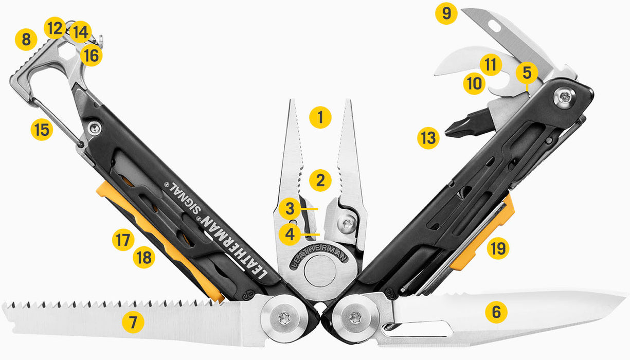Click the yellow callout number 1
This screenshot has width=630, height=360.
coord(320,118)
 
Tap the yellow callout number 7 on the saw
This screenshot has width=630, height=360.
coord(133,322)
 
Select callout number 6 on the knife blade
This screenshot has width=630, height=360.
coord(496,312)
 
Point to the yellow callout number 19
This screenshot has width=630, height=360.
coord(497,249)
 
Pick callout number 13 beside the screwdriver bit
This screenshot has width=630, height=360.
coord(428,138)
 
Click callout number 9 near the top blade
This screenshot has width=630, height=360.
coord(446,13)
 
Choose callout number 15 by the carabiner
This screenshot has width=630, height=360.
coord(41,129)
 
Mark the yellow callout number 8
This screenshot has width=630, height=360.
coord(26,39)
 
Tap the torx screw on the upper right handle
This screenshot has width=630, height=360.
coord(565,97)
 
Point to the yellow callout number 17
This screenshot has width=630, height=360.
coord(123,240)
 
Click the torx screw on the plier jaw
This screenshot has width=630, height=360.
coord(346,225)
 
